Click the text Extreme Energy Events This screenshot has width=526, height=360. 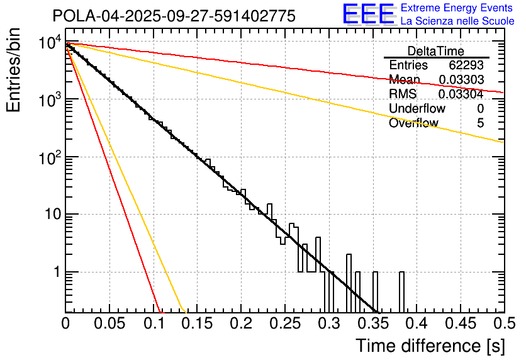(x=457, y=8)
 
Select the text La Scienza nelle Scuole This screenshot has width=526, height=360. (x=457, y=21)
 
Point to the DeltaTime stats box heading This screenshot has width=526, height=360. (x=436, y=51)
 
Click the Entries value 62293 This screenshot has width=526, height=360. (x=466, y=65)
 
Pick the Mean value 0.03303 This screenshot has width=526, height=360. (x=461, y=80)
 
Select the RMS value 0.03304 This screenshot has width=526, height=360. (x=461, y=94)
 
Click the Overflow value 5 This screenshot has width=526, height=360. (x=480, y=123)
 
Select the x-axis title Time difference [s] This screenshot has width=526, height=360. (x=430, y=346)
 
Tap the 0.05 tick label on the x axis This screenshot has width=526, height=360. (x=109, y=323)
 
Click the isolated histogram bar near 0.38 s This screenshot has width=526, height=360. (x=401, y=292)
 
